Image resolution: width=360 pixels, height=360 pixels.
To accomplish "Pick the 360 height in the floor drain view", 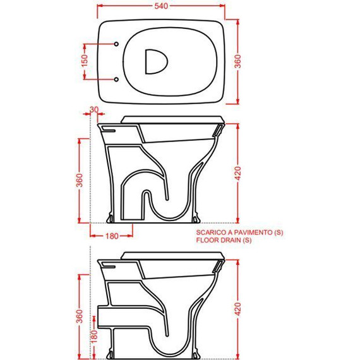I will [79, 181].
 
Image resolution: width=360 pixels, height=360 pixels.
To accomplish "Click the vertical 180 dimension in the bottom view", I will [94, 338].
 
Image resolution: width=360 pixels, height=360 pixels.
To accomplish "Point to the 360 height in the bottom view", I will [79, 314].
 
